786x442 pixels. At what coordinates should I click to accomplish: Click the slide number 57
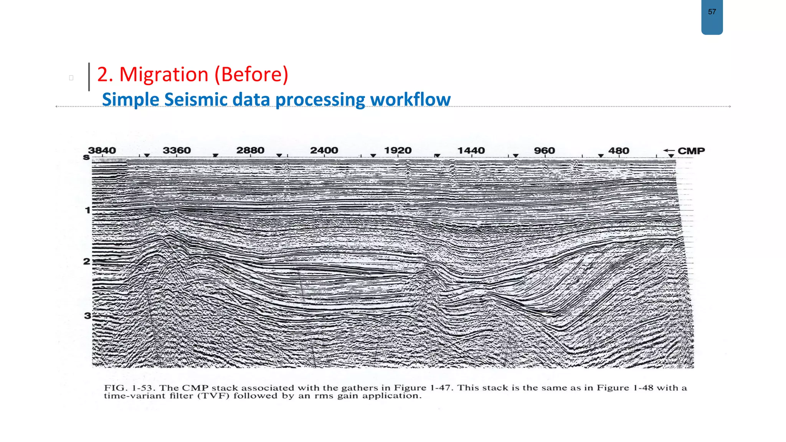pos(712,12)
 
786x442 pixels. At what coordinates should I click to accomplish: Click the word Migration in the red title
pos(164,74)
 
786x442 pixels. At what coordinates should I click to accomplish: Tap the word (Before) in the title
pos(251,74)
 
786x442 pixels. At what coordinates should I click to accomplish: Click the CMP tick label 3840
pos(102,150)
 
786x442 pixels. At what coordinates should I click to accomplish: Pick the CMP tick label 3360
pos(177,150)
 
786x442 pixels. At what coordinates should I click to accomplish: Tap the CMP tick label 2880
pos(250,150)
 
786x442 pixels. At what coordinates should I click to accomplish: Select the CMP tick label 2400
pos(324,150)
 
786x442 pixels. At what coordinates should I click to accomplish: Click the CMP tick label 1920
pos(398,150)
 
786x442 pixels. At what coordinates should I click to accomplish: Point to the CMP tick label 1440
pos(471,150)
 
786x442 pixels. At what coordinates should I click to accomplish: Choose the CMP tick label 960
pos(545,150)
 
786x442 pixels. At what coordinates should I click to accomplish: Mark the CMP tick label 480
pos(619,150)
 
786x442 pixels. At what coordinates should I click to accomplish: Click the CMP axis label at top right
pos(691,151)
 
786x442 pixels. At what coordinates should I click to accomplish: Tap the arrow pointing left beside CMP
pos(669,150)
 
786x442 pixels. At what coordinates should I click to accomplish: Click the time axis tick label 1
pos(88,210)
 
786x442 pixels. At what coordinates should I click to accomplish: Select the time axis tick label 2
pos(87,261)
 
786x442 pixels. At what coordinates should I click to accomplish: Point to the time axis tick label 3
pos(88,315)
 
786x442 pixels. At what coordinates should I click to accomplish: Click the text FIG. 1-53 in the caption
pos(128,388)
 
